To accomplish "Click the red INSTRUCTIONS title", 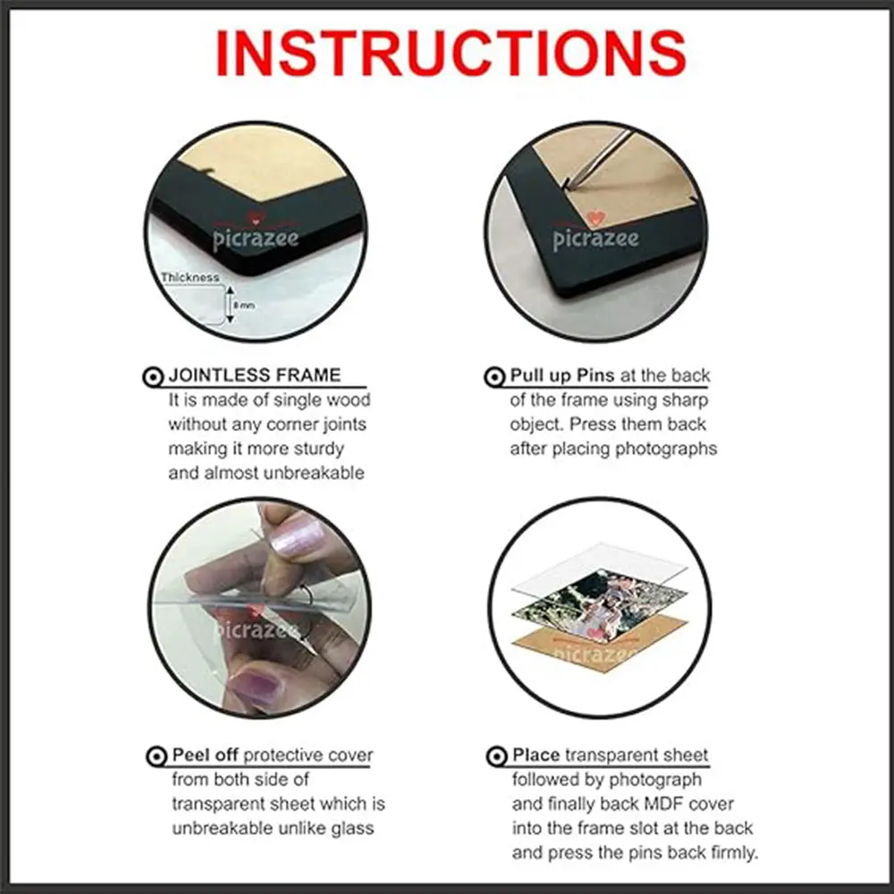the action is point(451,53).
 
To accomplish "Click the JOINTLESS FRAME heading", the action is point(254,375).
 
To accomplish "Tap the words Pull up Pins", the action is point(561,375).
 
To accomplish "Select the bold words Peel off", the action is point(205,755).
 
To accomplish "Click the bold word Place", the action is point(536,755).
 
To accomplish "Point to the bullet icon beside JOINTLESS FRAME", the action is point(152,377).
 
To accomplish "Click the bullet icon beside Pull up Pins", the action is point(494,377).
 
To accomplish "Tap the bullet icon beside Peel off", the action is point(156,756).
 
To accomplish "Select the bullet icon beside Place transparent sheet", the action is point(496,756).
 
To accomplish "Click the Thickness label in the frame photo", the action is point(190,278).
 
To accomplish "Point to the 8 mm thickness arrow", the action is point(230,305).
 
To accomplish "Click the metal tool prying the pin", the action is point(599,159).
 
